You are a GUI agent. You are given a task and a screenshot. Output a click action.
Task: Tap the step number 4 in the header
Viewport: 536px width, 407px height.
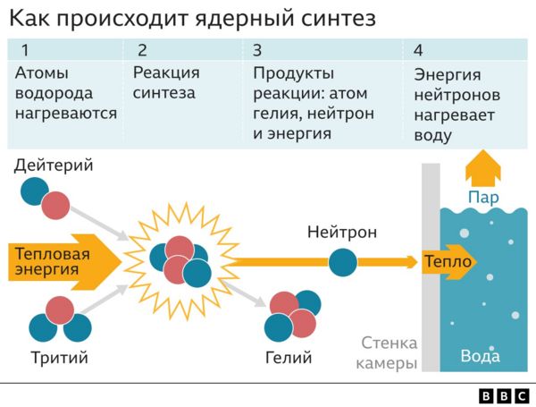[420, 50]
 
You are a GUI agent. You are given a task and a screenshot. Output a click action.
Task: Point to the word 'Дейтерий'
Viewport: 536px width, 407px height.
[54, 165]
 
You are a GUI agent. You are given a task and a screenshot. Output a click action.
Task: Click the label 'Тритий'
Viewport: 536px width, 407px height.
[58, 358]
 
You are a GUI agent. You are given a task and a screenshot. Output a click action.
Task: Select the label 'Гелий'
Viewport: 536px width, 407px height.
[289, 358]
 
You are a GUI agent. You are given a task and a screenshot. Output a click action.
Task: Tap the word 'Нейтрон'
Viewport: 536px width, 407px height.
[341, 233]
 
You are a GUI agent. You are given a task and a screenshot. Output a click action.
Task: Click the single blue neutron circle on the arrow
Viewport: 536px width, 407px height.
[342, 262]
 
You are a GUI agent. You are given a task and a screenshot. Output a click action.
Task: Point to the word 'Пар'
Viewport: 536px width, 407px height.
[483, 197]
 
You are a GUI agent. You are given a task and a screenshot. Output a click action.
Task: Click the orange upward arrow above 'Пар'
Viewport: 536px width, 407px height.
[483, 166]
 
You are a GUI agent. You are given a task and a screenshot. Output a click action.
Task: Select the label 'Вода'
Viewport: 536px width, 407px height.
[480, 355]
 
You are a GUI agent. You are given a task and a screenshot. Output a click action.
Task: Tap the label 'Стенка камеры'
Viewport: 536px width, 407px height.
[389, 353]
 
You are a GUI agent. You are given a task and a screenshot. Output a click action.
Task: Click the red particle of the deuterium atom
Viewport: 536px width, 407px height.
[56, 205]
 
